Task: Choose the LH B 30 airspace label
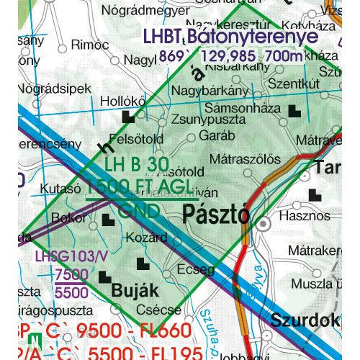(136, 166)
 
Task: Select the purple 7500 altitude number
(71, 275)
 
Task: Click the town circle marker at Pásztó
(264, 225)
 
